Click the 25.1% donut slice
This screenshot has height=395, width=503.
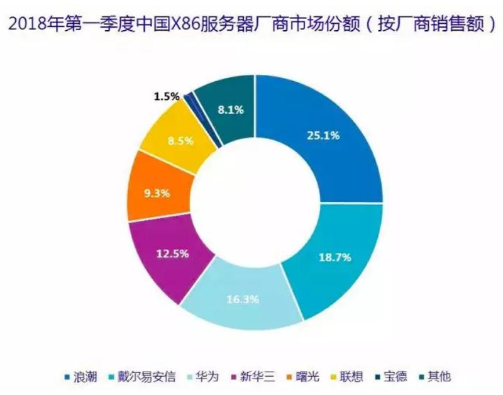click(321, 135)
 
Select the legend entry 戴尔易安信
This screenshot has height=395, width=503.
click(141, 377)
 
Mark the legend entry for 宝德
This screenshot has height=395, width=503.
click(394, 377)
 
